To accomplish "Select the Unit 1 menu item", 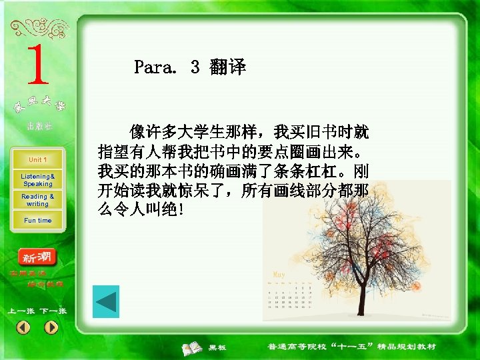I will click(x=37, y=160).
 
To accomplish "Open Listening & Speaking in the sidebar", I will click(x=37, y=179).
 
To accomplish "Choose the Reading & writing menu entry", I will click(x=37, y=200).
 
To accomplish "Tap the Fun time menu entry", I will click(x=37, y=221).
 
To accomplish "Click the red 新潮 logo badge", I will click(x=39, y=257).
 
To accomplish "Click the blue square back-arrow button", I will click(x=105, y=301).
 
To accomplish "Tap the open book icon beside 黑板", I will click(x=193, y=347).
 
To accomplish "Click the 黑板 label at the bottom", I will click(x=217, y=348).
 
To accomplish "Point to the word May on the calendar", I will click(x=279, y=274).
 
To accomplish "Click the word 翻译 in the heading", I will click(x=227, y=67).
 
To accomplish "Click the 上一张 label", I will click(x=21, y=311).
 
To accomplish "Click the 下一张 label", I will click(x=53, y=311).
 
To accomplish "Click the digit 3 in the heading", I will click(x=195, y=67).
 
